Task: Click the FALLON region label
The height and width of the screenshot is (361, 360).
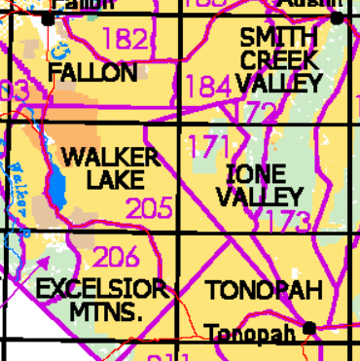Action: point(92,73)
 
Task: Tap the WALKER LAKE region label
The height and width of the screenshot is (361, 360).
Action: point(109,168)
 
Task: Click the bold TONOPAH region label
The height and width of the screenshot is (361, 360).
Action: point(264,291)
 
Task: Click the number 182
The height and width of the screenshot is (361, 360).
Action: point(126,40)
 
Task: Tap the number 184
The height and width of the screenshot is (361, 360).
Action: point(207,87)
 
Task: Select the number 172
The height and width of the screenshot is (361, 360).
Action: point(256,113)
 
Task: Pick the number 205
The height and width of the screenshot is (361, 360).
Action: point(150,208)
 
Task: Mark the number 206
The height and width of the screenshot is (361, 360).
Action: point(116,258)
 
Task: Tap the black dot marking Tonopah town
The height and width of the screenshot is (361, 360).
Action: point(309,328)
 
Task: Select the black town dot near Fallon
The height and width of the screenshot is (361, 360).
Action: point(50,18)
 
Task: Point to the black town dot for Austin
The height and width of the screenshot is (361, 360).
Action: point(336,18)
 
